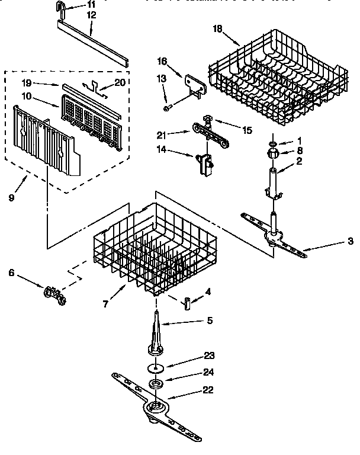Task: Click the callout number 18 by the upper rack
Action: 218,28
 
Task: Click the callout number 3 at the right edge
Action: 351,241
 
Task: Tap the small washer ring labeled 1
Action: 271,143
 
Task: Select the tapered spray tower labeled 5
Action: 157,335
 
